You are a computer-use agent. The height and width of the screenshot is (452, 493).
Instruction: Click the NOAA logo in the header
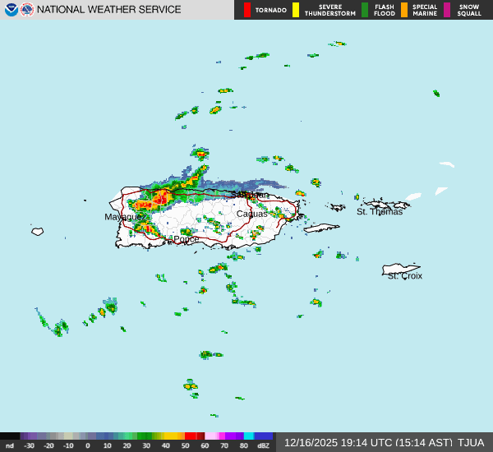tap(11, 10)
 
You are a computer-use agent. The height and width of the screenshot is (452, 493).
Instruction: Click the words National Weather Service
tap(109, 10)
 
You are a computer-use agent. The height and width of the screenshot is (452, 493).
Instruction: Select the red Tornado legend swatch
tap(247, 10)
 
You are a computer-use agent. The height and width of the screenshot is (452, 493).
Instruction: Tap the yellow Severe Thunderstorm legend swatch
tap(296, 10)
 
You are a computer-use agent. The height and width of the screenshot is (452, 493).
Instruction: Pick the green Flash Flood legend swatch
tap(365, 10)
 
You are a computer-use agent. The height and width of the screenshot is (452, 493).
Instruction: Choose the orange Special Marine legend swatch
tap(404, 10)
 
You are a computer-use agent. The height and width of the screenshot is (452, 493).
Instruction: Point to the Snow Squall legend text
tap(469, 10)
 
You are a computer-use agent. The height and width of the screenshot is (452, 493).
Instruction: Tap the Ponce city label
tap(185, 239)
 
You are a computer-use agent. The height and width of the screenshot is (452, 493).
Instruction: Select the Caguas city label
tap(251, 214)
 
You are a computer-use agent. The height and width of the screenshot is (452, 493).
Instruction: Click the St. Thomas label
tap(380, 212)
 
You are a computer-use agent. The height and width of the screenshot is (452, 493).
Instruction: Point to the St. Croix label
tap(405, 276)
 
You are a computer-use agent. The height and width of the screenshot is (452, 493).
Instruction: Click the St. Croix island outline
tap(401, 269)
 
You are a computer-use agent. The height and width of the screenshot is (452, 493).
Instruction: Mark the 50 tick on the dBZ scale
tap(186, 445)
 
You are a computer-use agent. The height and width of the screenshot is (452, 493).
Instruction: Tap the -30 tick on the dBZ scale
tap(30, 445)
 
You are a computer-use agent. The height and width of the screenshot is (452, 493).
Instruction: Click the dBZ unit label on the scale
tap(263, 445)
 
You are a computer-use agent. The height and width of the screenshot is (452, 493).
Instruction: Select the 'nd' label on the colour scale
tap(9, 445)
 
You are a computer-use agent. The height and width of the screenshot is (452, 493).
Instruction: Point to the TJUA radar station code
tap(471, 443)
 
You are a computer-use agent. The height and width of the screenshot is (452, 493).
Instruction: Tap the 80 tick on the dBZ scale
tap(244, 445)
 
